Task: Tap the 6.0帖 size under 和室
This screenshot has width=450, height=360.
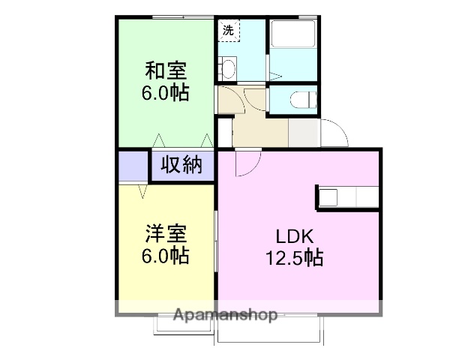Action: pos(166,94)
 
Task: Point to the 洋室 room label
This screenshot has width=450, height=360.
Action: pos(165,233)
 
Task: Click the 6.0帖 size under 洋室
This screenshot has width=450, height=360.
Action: pos(165,255)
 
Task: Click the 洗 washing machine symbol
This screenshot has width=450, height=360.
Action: pos(228,31)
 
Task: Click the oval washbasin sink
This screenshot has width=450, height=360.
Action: pos(228,69)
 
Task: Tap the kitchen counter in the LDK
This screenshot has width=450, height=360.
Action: pos(346,196)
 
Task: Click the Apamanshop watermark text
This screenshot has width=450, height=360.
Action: pos(225,315)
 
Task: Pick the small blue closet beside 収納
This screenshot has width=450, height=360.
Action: pos(133,166)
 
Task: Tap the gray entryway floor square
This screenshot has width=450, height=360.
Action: pos(303,133)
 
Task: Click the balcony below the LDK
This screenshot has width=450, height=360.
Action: pos(269,330)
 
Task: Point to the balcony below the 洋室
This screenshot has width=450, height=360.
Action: pos(184,325)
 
